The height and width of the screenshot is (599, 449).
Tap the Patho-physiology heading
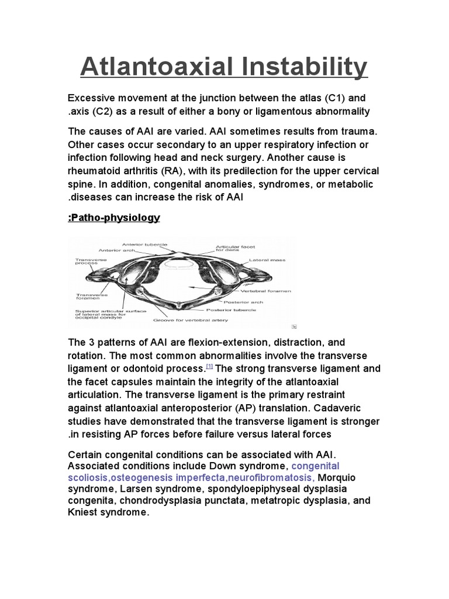point(114,218)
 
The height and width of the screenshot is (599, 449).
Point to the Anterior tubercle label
point(144,245)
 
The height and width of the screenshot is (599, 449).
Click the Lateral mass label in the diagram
point(267,259)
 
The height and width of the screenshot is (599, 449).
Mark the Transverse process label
point(87,261)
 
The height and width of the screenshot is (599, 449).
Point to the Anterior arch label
point(117,250)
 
